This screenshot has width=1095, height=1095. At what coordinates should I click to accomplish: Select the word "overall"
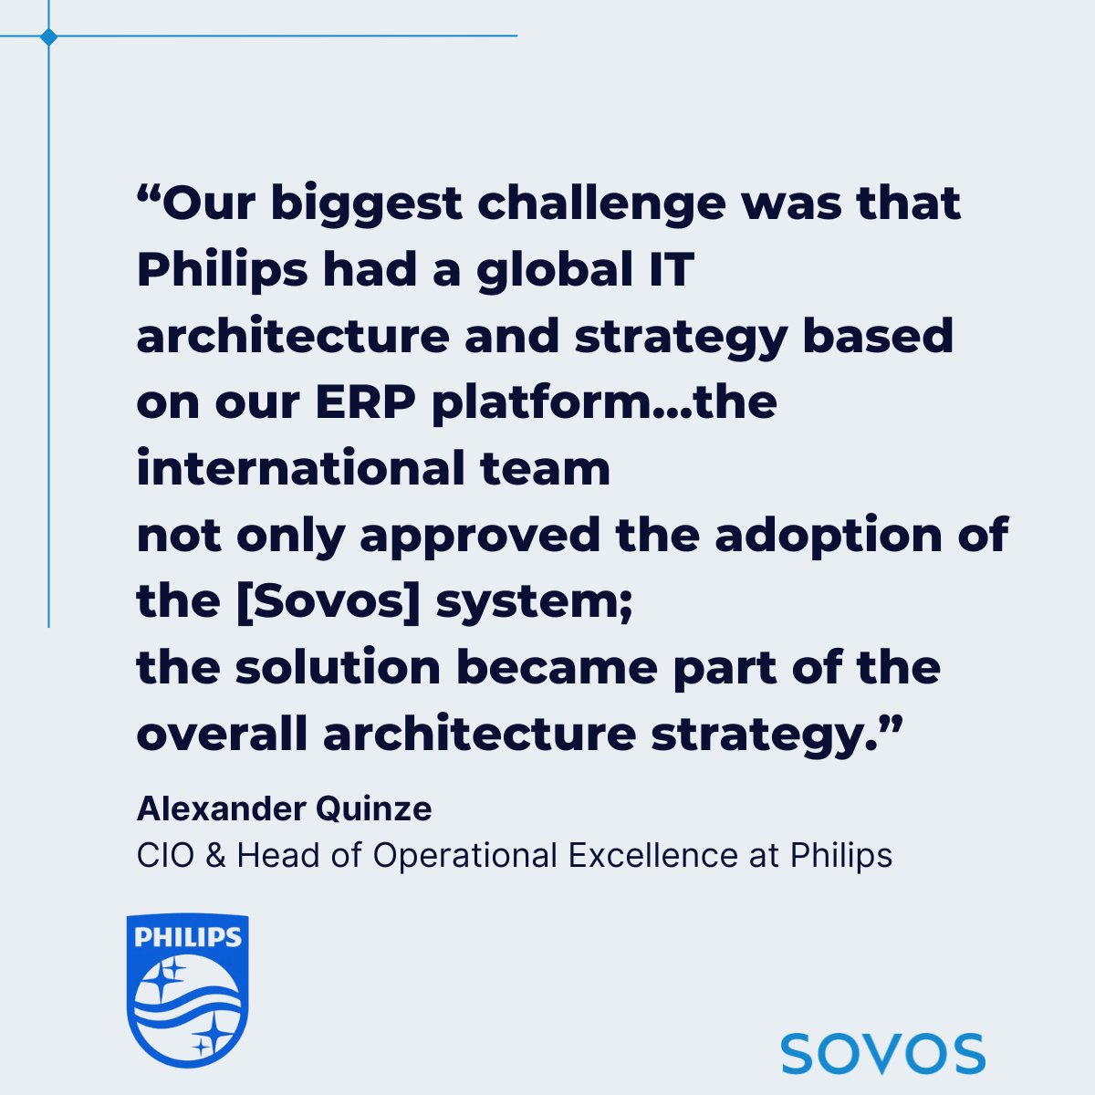tap(222, 735)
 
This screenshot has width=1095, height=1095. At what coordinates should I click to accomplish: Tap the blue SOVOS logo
tap(882, 1053)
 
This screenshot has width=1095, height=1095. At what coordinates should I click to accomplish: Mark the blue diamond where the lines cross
tap(48, 36)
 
